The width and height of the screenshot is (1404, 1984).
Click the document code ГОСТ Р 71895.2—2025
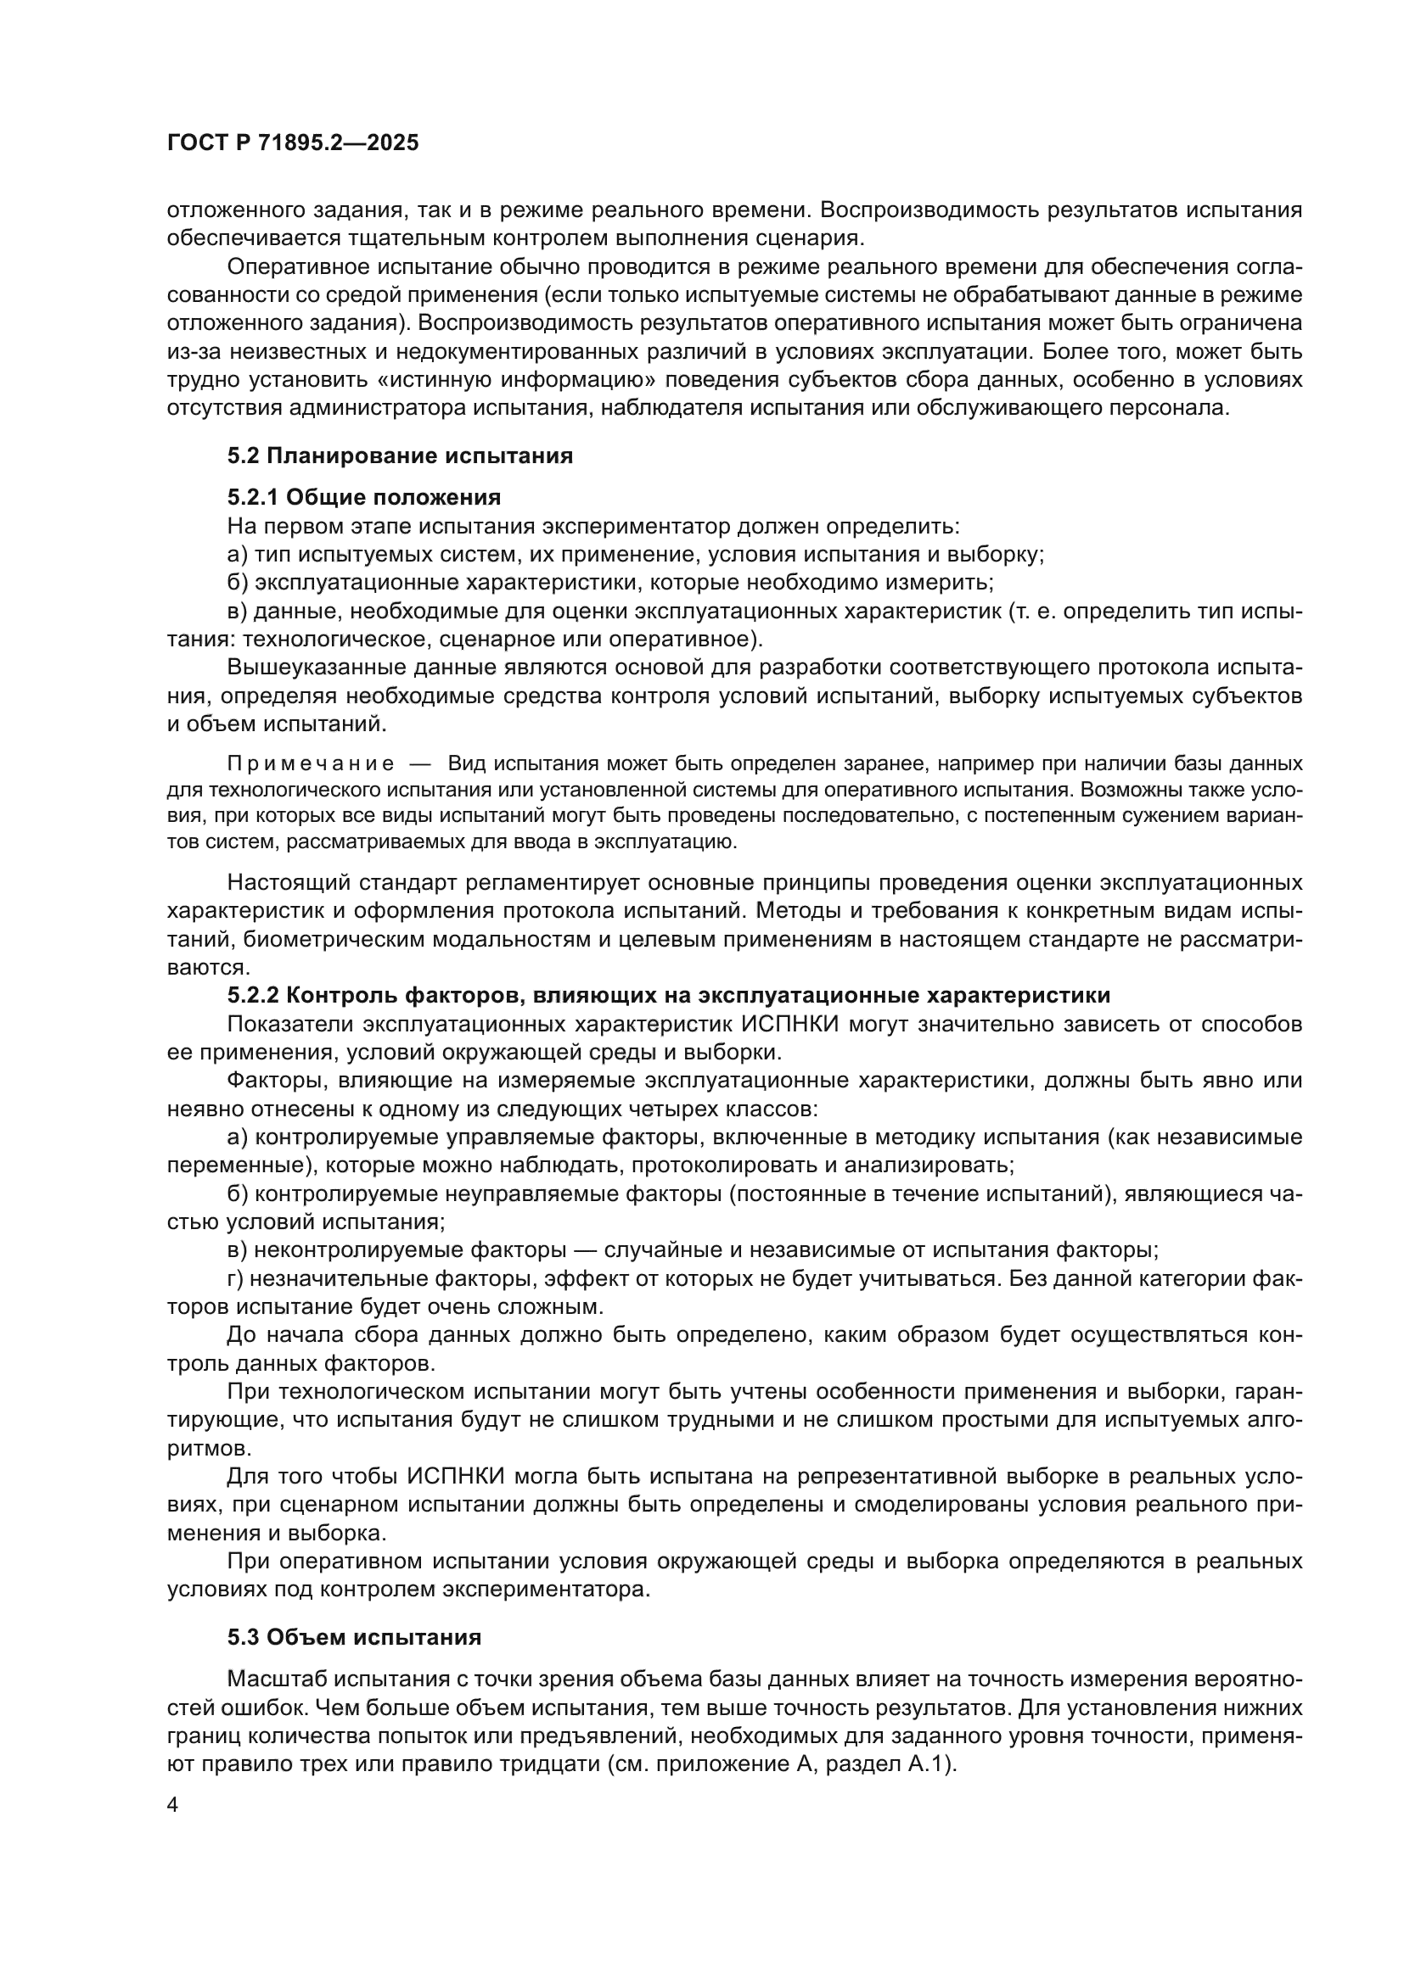click(293, 143)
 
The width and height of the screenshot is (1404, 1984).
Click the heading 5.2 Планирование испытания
click(401, 455)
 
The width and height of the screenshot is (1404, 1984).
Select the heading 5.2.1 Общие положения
click(364, 497)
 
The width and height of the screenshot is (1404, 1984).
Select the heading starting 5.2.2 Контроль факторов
click(668, 996)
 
